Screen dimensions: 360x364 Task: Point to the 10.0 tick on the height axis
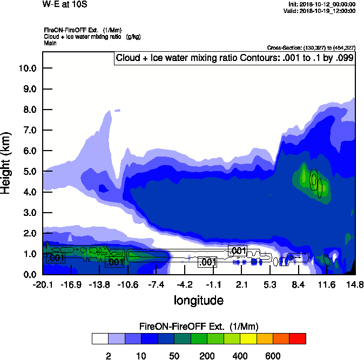click(26, 69)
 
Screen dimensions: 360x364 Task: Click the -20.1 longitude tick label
click(43, 284)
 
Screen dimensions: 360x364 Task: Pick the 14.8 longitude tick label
click(355, 284)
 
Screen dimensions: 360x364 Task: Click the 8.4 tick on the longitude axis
click(299, 284)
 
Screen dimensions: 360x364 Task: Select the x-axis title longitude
click(198, 300)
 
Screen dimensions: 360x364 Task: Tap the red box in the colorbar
click(298, 339)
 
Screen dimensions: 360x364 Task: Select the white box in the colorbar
click(99, 339)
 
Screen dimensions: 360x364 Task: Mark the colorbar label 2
click(108, 356)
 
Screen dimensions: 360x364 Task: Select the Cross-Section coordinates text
click(311, 47)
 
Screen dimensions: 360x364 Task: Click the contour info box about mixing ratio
click(234, 58)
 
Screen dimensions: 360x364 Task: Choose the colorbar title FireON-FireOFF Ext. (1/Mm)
click(199, 327)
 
